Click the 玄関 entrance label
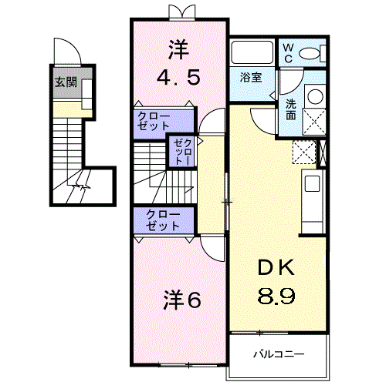(63, 82)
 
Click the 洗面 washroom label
(291, 110)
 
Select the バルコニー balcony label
(279, 355)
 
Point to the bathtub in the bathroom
(252, 53)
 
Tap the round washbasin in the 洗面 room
(315, 96)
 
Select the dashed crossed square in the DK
(304, 152)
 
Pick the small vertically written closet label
(182, 151)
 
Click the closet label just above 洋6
(159, 220)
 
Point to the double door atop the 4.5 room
(179, 11)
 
